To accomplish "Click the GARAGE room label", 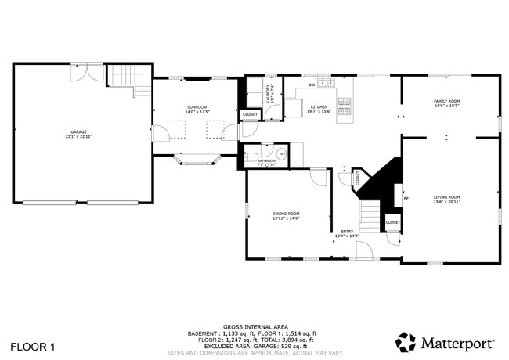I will pyautogui.click(x=79, y=132).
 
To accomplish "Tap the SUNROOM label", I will pyautogui.click(x=197, y=107).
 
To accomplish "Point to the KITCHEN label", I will pyautogui.click(x=319, y=107).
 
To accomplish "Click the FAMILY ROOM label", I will pyautogui.click(x=447, y=102).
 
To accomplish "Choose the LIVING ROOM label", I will pyautogui.click(x=447, y=197).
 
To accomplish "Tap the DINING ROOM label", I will pyautogui.click(x=286, y=214).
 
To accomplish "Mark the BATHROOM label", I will pyautogui.click(x=267, y=161).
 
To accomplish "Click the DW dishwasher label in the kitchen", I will pyautogui.click(x=311, y=85).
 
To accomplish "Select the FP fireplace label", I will pyautogui.click(x=406, y=198).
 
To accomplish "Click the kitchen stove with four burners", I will pyautogui.click(x=345, y=101).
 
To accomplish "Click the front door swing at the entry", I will pyautogui.click(x=364, y=251).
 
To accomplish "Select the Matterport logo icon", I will pyautogui.click(x=406, y=343).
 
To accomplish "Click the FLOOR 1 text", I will pyautogui.click(x=33, y=345).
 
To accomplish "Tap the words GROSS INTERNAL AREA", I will pyautogui.click(x=255, y=326).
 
